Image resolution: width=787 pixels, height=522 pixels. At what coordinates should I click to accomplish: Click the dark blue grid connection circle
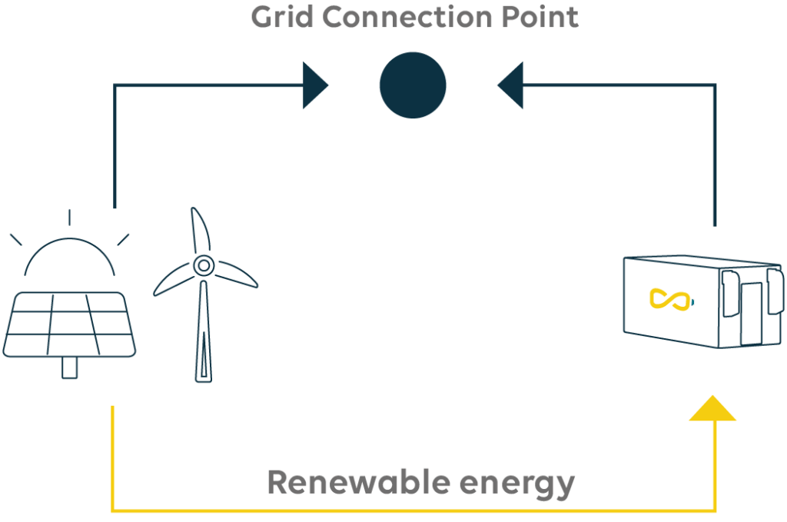pyautogui.click(x=413, y=85)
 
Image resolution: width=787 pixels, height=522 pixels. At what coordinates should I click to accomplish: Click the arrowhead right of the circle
pyautogui.click(x=511, y=85)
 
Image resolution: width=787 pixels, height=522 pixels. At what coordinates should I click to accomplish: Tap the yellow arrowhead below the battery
pyautogui.click(x=712, y=409)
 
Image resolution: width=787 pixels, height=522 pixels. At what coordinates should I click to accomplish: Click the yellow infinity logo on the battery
pyautogui.click(x=667, y=300)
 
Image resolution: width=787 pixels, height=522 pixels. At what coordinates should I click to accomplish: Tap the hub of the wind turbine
pyautogui.click(x=203, y=266)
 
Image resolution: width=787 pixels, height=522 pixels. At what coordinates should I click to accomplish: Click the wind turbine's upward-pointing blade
pyautogui.click(x=199, y=231)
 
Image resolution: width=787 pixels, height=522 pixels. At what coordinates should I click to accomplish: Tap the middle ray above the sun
pyautogui.click(x=69, y=218)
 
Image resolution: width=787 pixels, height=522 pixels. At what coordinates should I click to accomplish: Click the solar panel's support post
pyautogui.click(x=70, y=367)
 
